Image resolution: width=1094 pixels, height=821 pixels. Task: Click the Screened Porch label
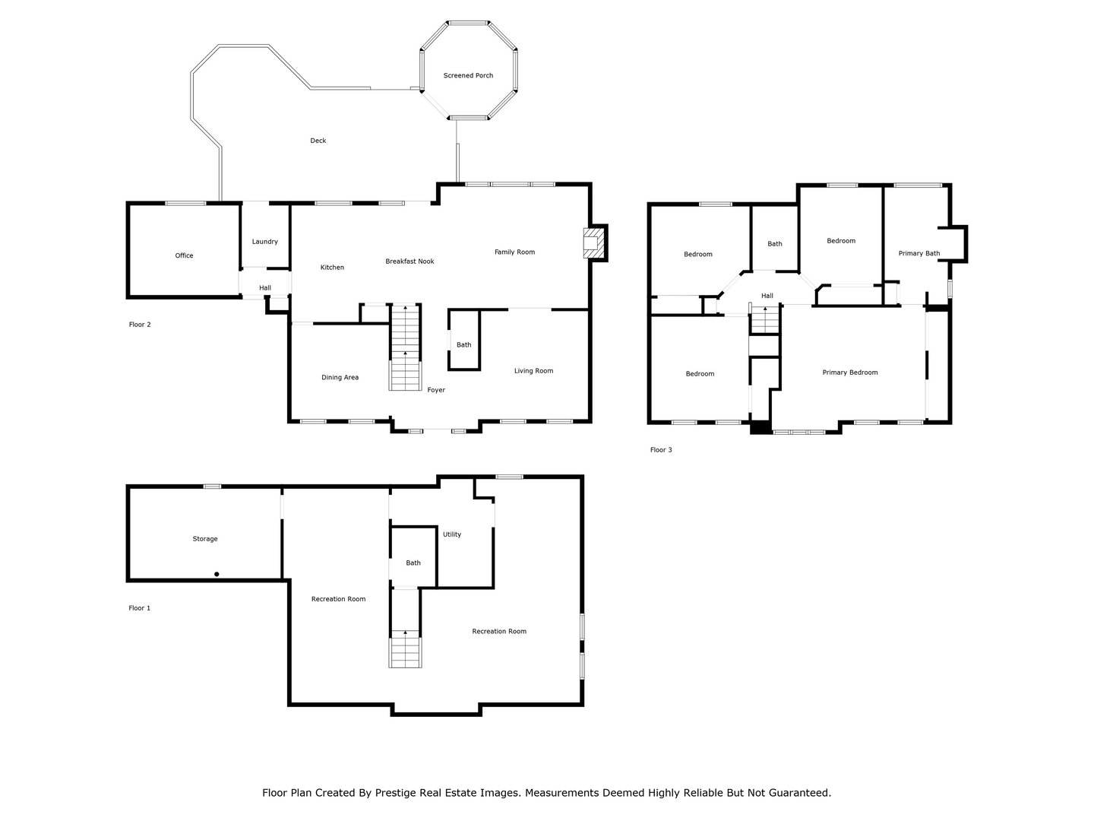point(468,75)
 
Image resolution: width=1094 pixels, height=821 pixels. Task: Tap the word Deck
point(318,141)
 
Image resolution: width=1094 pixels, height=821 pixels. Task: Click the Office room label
point(184,255)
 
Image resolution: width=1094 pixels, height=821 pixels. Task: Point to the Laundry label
point(264,242)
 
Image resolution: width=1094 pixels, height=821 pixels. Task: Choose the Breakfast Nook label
point(409,262)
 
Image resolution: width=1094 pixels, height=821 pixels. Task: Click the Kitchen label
point(332,267)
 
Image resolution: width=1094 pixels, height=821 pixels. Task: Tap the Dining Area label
point(340,377)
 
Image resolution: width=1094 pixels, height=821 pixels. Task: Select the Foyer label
point(436,390)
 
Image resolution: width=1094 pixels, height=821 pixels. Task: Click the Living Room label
point(534,371)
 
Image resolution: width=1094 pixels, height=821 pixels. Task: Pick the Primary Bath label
point(919,253)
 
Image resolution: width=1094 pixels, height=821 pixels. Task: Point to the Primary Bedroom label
point(850,372)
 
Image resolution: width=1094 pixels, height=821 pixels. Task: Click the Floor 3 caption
point(661,449)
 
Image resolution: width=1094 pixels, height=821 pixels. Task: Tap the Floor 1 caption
point(140,607)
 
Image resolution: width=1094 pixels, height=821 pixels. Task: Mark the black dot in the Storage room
point(217,574)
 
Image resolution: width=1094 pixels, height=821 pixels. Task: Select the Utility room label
point(452,534)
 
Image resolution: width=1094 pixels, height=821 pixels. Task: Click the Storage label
point(205,539)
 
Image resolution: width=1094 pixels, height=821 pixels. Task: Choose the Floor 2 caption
point(140,325)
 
